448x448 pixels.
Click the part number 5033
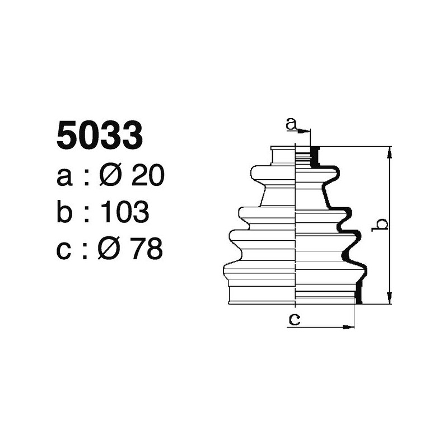[x=100, y=137]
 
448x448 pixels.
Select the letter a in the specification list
[x=64, y=178]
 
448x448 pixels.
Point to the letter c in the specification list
[x=64, y=249]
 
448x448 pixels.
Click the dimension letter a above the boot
[x=291, y=124]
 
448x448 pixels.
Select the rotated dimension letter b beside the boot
[x=381, y=225]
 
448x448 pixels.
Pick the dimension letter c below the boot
[x=293, y=320]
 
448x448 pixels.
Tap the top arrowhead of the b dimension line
[x=389, y=151]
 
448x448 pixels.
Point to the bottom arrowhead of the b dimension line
[x=389, y=300]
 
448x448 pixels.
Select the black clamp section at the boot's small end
[x=315, y=156]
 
